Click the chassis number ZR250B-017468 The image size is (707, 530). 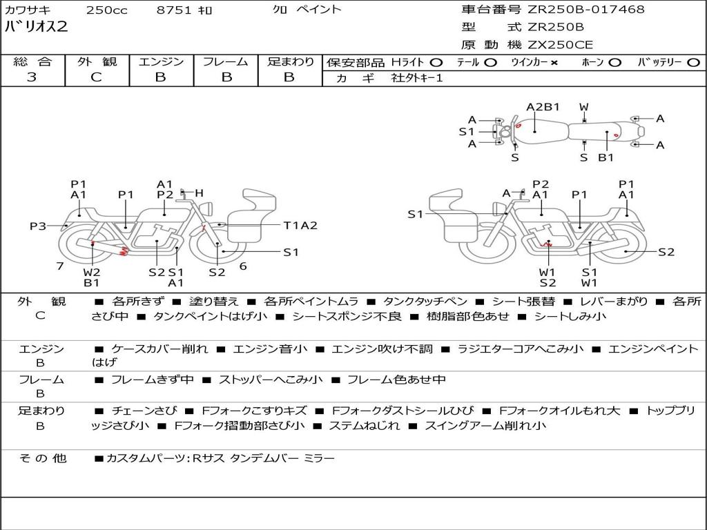pos(585,10)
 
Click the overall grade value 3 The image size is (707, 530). pos(32,77)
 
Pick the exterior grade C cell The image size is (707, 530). pos(96,77)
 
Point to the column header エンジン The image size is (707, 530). pos(161,62)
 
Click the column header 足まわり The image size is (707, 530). pos(290,62)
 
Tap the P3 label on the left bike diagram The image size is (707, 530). pos(38,226)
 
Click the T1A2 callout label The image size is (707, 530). pos(300,226)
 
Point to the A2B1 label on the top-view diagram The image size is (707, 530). pos(543,107)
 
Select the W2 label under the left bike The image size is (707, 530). pos(92,272)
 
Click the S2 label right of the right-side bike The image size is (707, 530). pos(666,252)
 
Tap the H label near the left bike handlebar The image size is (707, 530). pos(200,193)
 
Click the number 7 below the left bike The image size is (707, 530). pos(60,266)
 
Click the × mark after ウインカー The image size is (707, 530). pos(554,63)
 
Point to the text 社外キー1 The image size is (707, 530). pos(417,78)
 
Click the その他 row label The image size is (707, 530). pos(42,458)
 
